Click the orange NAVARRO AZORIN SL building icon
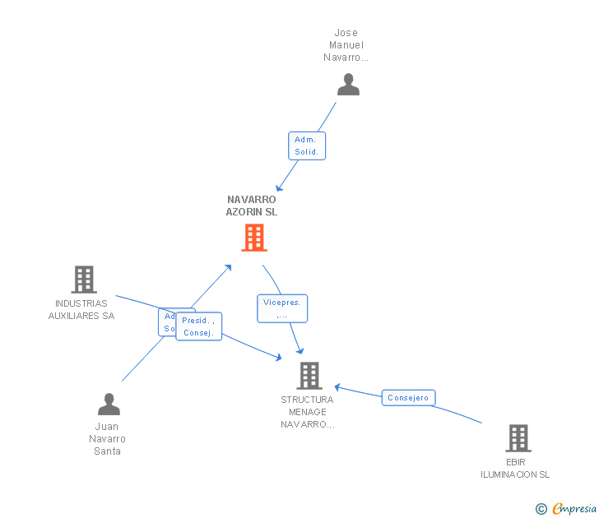253,238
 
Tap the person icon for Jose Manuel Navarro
348,85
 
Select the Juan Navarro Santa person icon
109,404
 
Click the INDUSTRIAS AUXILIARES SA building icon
83,280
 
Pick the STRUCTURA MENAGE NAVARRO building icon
309,376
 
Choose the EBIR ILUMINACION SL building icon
518,438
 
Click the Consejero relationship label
409,398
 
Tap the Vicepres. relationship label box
281,308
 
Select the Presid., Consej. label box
198,326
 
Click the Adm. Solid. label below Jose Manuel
307,146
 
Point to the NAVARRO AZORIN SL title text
252,206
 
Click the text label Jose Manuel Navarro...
346,45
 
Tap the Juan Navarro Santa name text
108,438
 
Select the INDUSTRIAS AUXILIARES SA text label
81,309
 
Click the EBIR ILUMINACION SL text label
515,468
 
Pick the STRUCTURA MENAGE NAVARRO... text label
307,412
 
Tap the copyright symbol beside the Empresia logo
541,509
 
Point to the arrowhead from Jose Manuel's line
280,187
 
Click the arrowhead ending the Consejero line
337,386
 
